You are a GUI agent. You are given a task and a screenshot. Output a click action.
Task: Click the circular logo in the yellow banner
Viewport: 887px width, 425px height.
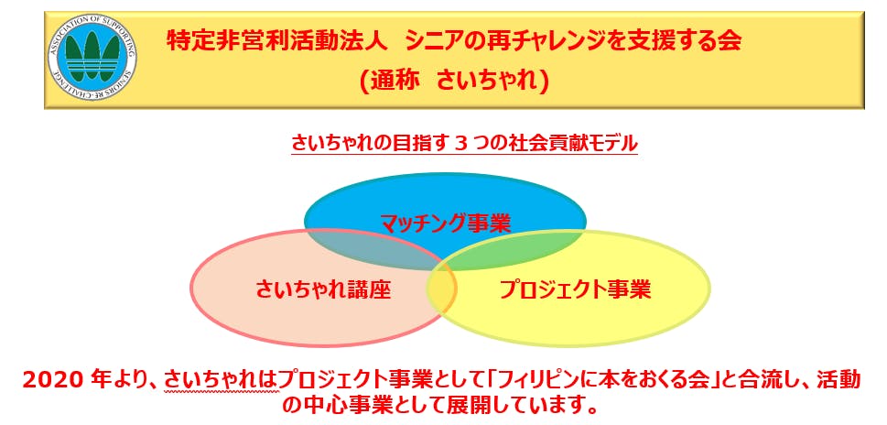tap(92, 60)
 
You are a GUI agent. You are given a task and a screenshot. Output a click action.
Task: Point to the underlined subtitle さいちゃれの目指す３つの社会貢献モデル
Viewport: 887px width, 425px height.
tap(464, 142)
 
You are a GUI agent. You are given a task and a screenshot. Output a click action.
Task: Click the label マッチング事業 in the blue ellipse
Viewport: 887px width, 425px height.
tap(445, 223)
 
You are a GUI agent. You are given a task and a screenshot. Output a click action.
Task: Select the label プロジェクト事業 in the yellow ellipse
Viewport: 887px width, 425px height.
tap(575, 289)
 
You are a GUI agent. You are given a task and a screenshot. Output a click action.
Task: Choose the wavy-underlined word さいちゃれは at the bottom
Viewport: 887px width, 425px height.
tap(222, 381)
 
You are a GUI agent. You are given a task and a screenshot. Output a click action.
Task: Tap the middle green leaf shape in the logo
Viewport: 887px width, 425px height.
tap(92, 55)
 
